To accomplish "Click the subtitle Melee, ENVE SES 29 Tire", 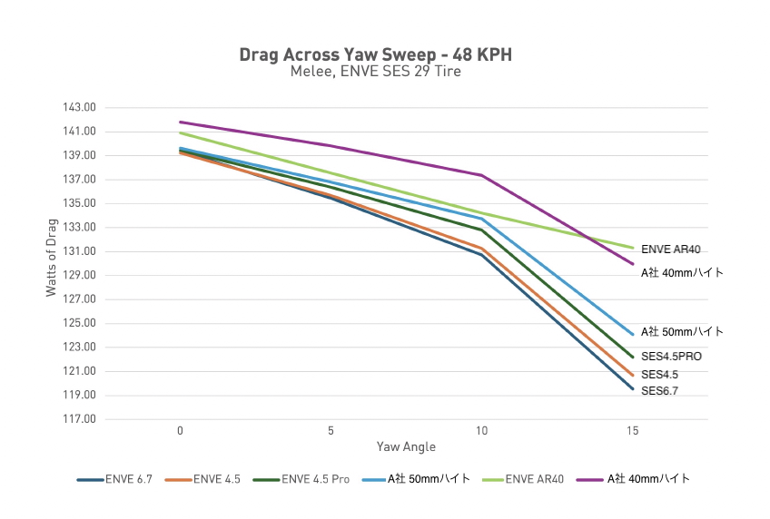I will pyautogui.click(x=375, y=72).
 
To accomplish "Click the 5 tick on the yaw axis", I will pyautogui.click(x=331, y=430).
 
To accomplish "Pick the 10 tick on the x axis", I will pyautogui.click(x=481, y=430).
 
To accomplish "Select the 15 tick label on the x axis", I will pyautogui.click(x=632, y=430).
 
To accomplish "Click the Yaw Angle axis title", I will pyautogui.click(x=406, y=447).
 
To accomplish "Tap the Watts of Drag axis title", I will pyautogui.click(x=51, y=263).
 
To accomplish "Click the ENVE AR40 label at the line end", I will pyautogui.click(x=670, y=249).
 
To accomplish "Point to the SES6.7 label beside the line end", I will pyautogui.click(x=659, y=391).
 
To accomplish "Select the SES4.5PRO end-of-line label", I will pyautogui.click(x=671, y=357).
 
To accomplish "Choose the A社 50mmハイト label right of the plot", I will pyautogui.click(x=682, y=332).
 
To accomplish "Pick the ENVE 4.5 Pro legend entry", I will pyautogui.click(x=315, y=478).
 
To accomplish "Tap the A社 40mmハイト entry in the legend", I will pyautogui.click(x=647, y=478).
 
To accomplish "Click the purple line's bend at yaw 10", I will pyautogui.click(x=481, y=175).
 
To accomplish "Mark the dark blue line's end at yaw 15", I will pyautogui.click(x=632, y=388).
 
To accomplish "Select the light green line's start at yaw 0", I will pyautogui.click(x=181, y=132).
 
